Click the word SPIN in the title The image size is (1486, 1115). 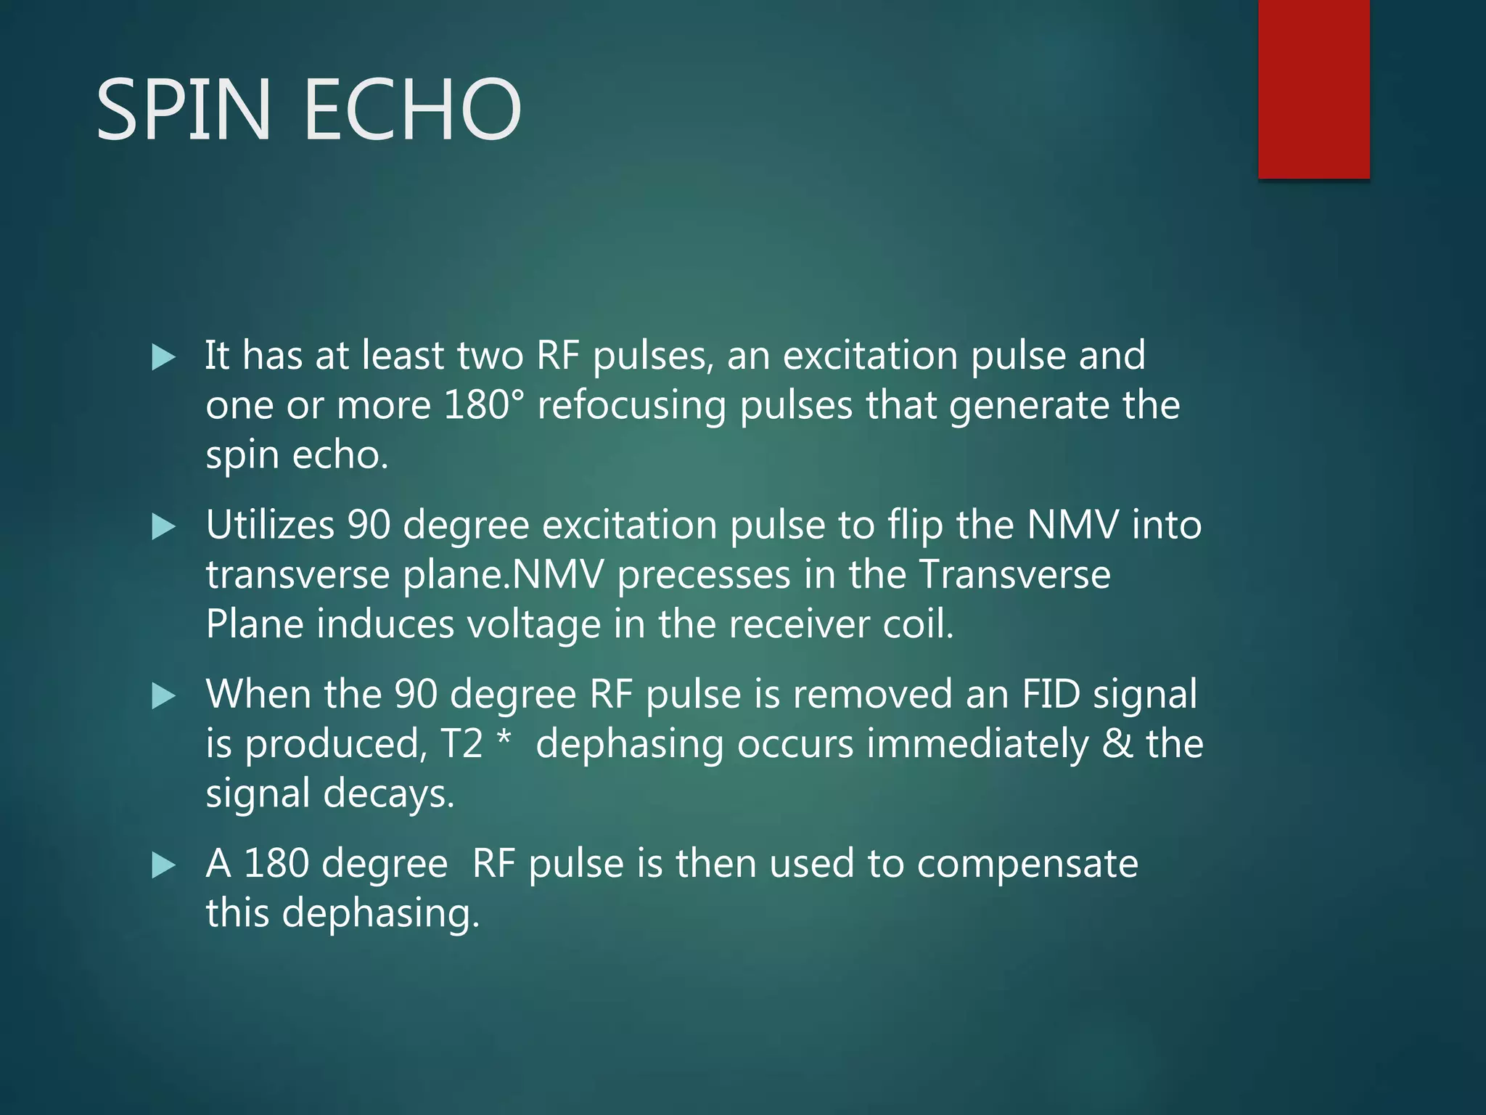tap(184, 110)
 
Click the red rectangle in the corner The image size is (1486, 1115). tap(1313, 89)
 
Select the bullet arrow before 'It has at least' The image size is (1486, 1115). tap(164, 357)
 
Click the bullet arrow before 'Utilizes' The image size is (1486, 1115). tap(164, 527)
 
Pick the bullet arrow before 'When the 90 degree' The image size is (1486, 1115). tap(164, 696)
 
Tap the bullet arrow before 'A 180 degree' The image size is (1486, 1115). tap(164, 865)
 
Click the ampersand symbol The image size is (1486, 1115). tap(1117, 744)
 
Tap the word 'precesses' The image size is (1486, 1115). tap(704, 576)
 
